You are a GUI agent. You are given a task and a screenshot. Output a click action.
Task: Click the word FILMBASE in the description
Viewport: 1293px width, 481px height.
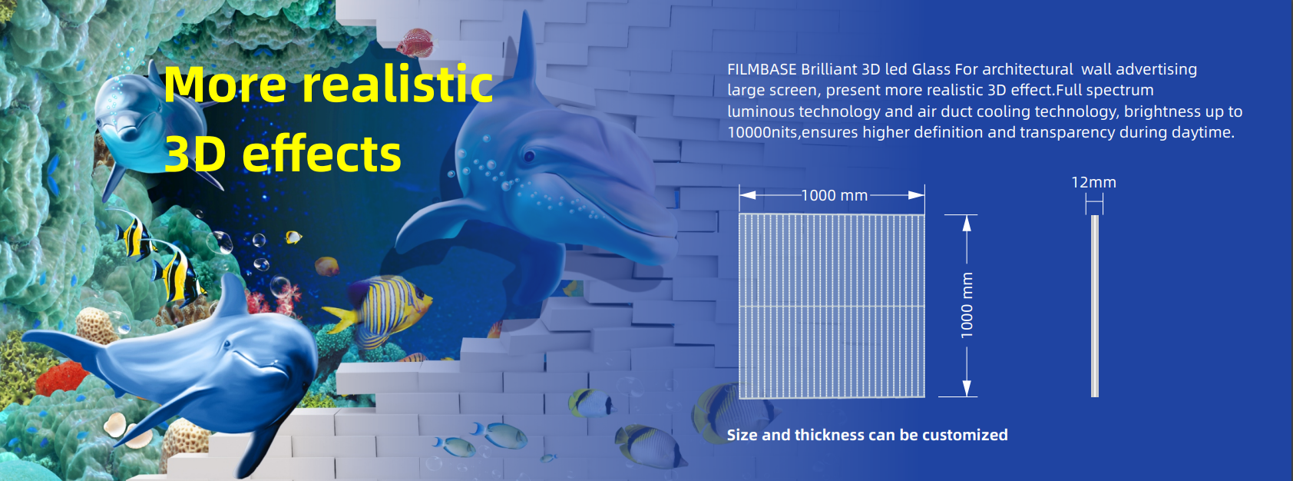point(762,70)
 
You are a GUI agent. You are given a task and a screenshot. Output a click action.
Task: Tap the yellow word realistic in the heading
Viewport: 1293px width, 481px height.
point(397,85)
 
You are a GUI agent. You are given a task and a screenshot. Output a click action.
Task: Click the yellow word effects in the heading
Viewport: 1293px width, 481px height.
point(322,154)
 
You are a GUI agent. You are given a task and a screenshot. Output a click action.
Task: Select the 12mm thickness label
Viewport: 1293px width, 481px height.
point(1093,183)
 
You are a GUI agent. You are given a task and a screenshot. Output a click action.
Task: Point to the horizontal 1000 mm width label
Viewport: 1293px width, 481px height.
point(834,196)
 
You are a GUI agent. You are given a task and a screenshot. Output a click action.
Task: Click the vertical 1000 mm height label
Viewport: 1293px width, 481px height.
point(967,305)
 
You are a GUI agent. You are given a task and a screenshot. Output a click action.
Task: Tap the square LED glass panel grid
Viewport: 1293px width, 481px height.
point(832,306)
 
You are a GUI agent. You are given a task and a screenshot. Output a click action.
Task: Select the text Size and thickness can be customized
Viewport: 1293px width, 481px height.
point(867,435)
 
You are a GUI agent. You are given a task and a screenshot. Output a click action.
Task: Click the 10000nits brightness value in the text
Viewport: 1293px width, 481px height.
point(763,133)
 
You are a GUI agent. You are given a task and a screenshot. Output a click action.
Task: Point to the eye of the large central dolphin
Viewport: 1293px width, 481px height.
point(529,157)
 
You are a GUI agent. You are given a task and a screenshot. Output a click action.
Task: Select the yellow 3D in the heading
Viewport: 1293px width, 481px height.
point(195,154)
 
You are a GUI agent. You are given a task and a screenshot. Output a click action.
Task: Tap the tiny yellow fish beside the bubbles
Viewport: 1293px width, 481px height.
point(293,237)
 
